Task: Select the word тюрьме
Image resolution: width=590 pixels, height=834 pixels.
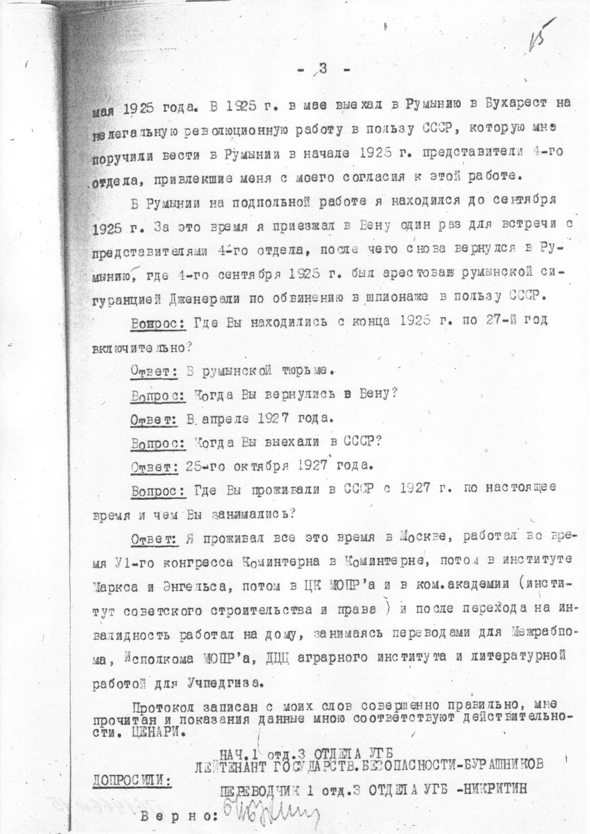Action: (x=305, y=371)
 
